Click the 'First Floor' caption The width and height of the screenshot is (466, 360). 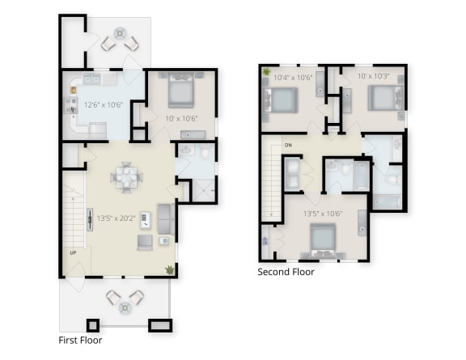tap(80, 341)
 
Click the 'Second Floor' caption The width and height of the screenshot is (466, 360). tap(286, 272)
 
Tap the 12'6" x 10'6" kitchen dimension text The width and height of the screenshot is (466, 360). tap(103, 105)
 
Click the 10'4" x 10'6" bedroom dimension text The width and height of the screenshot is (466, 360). tap(292, 78)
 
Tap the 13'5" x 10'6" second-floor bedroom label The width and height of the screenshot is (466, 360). tap(321, 214)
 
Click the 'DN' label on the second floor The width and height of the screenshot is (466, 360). tap(288, 146)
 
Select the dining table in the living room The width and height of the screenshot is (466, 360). tap(125, 176)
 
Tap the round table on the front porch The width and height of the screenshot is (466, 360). tap(125, 307)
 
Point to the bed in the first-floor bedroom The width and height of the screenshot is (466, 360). tap(180, 92)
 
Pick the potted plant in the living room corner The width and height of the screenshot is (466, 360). tap(169, 269)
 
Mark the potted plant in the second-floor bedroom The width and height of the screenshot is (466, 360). tap(266, 73)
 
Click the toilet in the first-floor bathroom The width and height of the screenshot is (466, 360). tap(205, 152)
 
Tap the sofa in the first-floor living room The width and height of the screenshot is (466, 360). tap(164, 218)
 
